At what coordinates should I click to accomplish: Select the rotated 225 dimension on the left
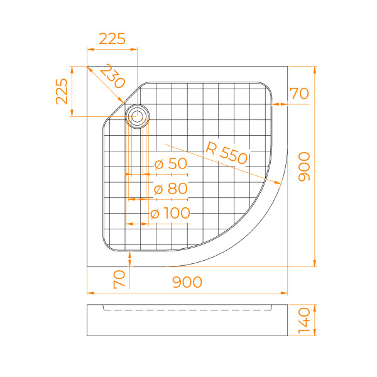pyautogui.click(x=62, y=91)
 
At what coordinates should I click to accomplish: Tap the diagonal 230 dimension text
pyautogui.click(x=112, y=77)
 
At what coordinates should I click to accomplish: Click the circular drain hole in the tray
pyautogui.click(x=137, y=116)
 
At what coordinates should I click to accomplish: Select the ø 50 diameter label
pyautogui.click(x=171, y=165)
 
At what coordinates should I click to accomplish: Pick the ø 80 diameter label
pyautogui.click(x=171, y=188)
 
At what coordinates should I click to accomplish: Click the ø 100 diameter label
pyautogui.click(x=170, y=214)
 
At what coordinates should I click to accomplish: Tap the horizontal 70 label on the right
pyautogui.click(x=299, y=94)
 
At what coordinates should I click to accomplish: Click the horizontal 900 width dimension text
pyautogui.click(x=187, y=283)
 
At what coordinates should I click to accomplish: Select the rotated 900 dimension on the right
pyautogui.click(x=304, y=167)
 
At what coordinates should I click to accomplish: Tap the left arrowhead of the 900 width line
pyautogui.click(x=89, y=293)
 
